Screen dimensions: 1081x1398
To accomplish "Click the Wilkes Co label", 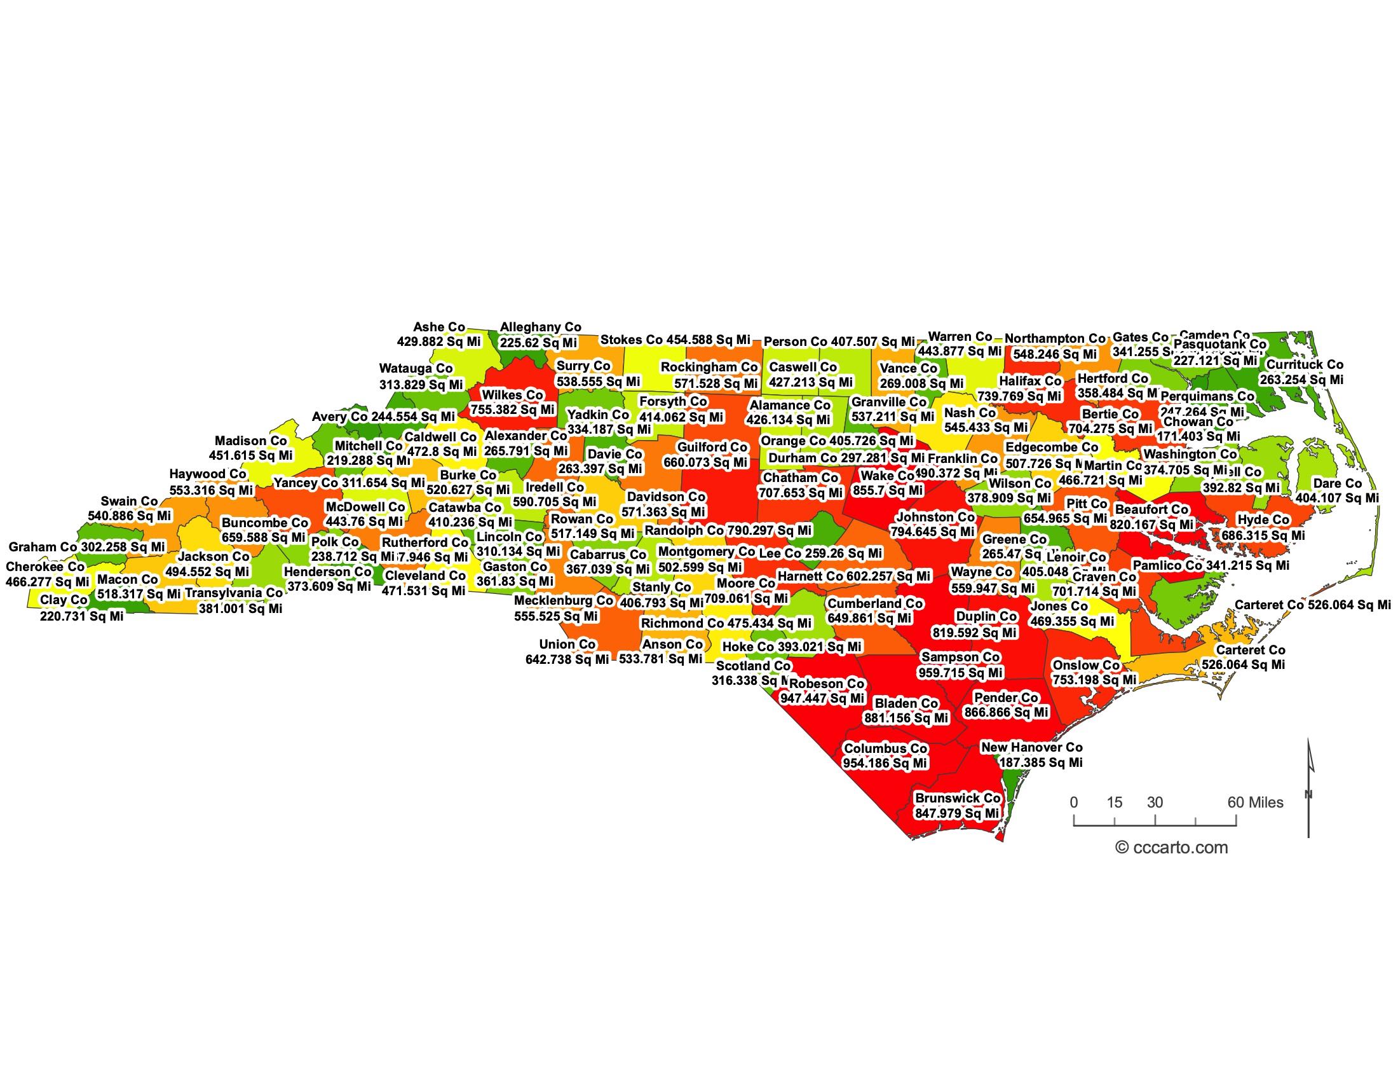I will (x=512, y=395).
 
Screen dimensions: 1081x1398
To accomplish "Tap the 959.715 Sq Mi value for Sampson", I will (x=961, y=672).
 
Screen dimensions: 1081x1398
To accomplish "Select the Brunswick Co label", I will (x=958, y=798).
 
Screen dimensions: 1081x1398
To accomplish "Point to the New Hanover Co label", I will (x=1032, y=747).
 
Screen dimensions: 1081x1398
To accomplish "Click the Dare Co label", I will (x=1337, y=483).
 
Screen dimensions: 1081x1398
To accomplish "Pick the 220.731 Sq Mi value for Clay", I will (x=81, y=616).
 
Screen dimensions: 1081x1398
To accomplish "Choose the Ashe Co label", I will (x=439, y=327).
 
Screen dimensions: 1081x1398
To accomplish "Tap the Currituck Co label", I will (x=1305, y=364).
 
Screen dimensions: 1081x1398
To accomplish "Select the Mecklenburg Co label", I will (x=563, y=601).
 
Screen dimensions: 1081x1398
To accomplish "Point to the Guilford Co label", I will (x=712, y=447).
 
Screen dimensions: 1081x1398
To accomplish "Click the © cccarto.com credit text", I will (x=1171, y=848).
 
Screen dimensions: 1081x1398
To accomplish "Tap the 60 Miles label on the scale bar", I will (x=1255, y=802).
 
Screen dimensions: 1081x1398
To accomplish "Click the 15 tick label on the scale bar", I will (x=1115, y=802).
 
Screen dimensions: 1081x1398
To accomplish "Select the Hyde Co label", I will (x=1263, y=520).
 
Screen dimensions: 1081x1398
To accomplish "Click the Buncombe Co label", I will (x=264, y=523).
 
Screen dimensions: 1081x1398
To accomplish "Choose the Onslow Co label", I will (x=1086, y=665).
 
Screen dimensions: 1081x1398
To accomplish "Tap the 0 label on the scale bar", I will (x=1074, y=802).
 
